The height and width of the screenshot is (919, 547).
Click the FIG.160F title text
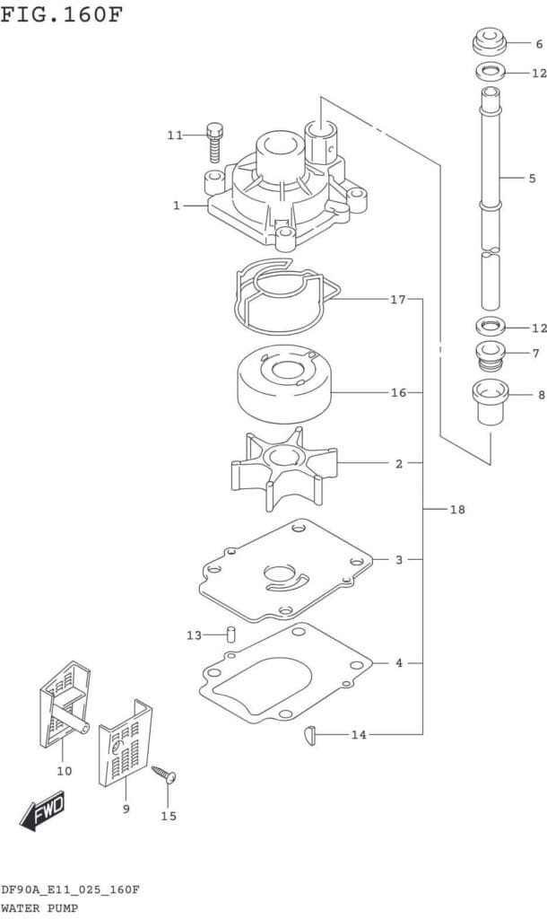point(61,15)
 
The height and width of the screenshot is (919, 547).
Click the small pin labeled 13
point(230,635)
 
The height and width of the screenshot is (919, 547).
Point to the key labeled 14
point(308,735)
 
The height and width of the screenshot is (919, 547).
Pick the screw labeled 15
point(165,775)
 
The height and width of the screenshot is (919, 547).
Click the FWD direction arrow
point(41,811)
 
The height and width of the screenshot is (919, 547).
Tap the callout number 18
point(457,510)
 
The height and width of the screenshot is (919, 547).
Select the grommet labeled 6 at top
point(490,42)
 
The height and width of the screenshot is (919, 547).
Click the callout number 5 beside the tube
point(532,179)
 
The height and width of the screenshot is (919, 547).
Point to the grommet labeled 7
point(490,355)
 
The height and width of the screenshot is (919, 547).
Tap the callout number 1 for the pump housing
point(177,206)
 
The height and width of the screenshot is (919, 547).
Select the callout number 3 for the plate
point(398,560)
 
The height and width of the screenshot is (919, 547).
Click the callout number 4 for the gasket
point(398,663)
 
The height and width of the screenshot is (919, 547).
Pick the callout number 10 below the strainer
point(65,770)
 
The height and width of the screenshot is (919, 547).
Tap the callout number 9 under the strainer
point(126,810)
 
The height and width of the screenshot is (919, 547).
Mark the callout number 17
point(398,300)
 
